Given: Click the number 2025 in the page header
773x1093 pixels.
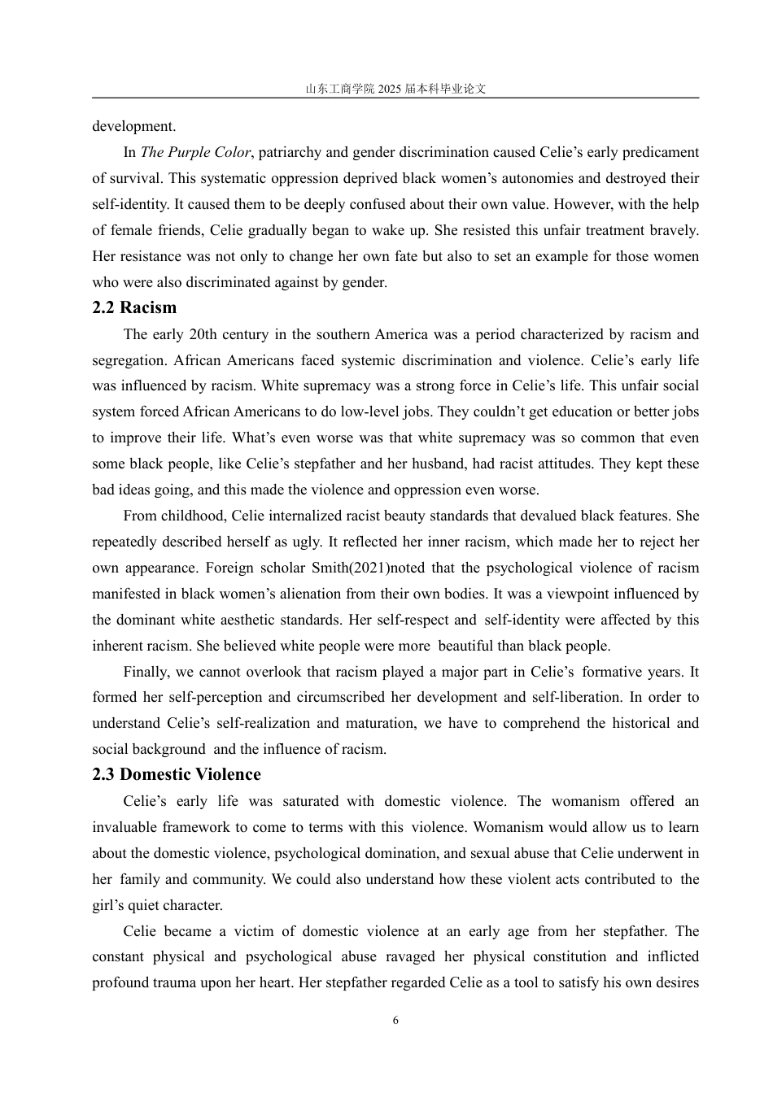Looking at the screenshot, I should click(391, 89).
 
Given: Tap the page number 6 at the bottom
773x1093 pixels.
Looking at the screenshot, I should click(395, 1021).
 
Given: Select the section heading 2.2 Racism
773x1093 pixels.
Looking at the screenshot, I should click(134, 307).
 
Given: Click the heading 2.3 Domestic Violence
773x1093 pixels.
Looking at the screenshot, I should click(177, 774).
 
